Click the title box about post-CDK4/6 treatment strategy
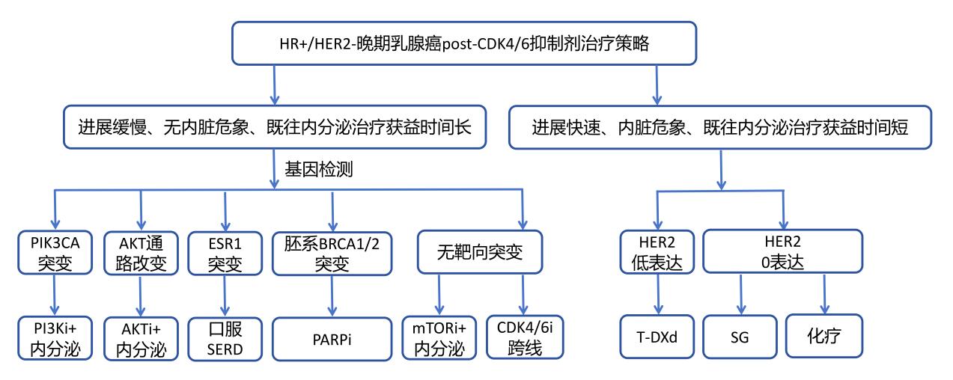point(463,43)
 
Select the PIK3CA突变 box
point(55,253)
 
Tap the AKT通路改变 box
point(141,254)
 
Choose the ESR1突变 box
point(225,254)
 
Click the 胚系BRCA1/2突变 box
point(332,254)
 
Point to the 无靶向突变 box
point(480,252)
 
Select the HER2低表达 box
point(657,252)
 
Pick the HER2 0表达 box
point(782,251)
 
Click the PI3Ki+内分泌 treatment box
point(55,338)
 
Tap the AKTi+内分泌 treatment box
point(141,339)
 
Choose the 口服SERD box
point(225,339)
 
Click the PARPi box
point(332,339)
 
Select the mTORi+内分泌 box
point(439,338)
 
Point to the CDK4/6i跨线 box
point(525,337)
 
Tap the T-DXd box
point(657,337)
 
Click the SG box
point(740,337)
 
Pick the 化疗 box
point(824,336)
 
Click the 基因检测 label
point(319,169)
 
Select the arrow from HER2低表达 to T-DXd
point(658,294)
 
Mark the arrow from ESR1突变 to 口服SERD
point(225,295)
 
